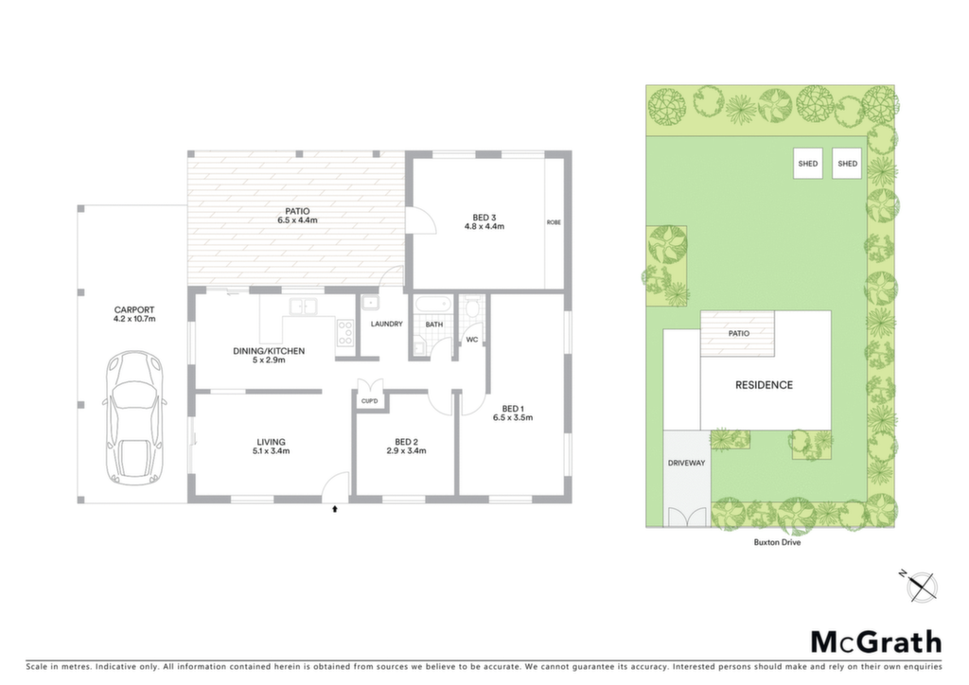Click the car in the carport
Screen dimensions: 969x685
point(134,417)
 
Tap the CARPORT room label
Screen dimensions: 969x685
point(134,310)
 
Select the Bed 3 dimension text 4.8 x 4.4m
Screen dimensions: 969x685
point(484,227)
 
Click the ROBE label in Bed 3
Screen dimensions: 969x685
point(554,222)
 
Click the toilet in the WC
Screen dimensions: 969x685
point(474,307)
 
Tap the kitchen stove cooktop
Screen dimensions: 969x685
point(344,333)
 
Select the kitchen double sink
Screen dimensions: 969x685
point(304,306)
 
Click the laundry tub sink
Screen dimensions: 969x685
point(371,304)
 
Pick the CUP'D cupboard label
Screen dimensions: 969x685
point(370,402)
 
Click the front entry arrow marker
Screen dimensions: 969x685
point(335,509)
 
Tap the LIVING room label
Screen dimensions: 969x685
point(272,442)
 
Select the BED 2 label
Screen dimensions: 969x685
point(407,442)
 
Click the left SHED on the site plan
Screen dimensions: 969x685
point(808,164)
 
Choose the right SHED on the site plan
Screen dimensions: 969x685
point(847,164)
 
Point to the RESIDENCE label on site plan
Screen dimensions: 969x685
point(764,385)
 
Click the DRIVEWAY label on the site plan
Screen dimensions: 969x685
point(686,463)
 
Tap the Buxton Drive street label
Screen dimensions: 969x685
point(777,542)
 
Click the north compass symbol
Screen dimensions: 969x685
point(921,585)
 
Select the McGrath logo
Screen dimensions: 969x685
point(876,642)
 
